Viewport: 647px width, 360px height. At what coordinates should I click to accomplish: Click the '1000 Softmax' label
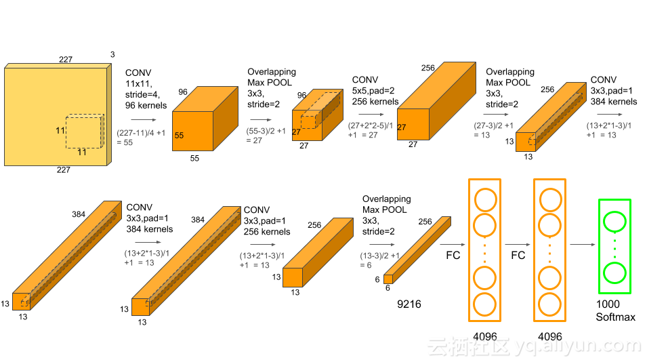615,311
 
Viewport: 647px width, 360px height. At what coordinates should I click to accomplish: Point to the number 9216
409,304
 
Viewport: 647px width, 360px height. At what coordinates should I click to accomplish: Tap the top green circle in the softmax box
615,222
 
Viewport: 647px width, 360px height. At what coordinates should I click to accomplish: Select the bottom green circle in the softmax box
615,273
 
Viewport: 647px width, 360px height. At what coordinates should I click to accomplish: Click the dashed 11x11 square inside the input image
85,131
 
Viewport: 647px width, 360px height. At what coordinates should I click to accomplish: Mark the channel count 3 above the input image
112,54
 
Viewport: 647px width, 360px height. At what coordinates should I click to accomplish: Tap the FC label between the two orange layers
518,256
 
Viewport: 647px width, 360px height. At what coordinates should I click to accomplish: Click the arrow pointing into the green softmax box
581,245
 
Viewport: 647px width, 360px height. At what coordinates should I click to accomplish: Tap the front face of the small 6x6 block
388,278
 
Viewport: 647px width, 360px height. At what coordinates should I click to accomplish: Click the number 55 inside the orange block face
179,135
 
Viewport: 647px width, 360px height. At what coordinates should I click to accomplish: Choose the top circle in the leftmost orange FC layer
485,200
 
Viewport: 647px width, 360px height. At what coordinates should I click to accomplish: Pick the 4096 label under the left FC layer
485,336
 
